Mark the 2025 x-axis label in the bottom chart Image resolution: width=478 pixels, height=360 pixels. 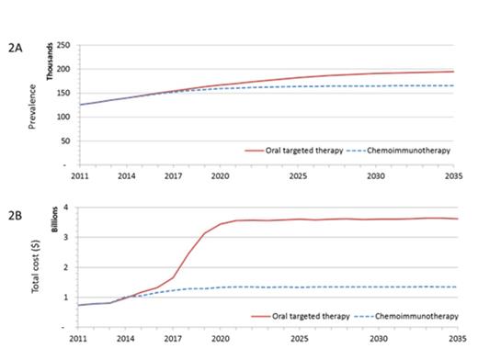[x=299, y=338]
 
